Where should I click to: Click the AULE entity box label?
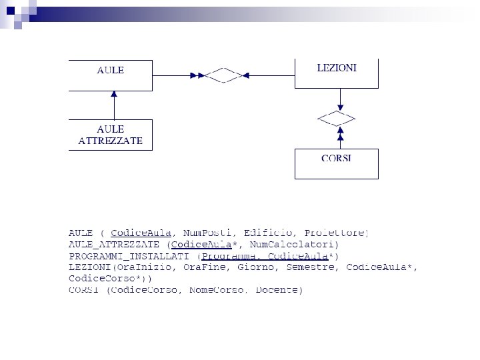111,70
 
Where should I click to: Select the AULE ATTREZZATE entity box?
111,135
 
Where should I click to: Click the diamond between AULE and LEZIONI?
223,75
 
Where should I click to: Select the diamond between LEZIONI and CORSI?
337,119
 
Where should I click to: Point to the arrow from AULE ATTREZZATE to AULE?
114,105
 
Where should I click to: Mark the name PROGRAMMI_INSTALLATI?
129,256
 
